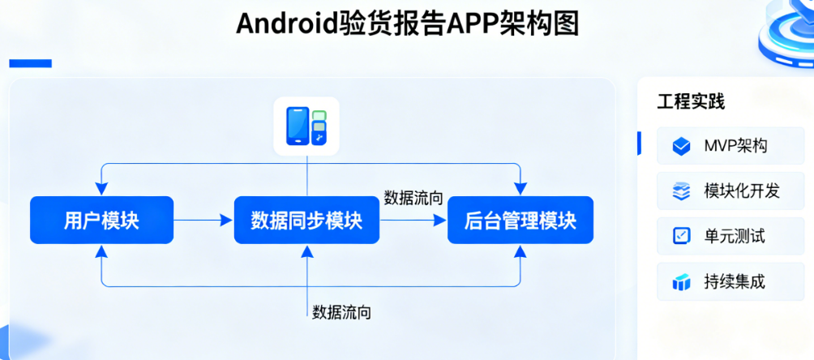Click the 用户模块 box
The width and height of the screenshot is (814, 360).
[101, 220]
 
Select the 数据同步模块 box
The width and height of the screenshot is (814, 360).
[306, 220]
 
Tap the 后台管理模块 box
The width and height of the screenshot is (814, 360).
[520, 220]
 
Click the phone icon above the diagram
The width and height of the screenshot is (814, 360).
[306, 126]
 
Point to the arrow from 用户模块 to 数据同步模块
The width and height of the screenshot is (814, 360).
[203, 220]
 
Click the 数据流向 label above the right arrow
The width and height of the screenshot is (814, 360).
[413, 198]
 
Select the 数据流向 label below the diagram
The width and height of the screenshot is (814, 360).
[341, 311]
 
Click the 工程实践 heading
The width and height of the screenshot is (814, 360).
[690, 101]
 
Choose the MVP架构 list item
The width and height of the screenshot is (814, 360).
[730, 146]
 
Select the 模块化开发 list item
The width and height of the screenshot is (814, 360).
[730, 191]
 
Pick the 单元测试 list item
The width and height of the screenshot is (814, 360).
[730, 236]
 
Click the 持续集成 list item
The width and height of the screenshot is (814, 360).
[730, 281]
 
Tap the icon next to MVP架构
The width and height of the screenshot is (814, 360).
[681, 146]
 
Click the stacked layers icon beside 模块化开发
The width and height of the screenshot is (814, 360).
[681, 191]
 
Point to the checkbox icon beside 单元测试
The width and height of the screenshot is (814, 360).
[681, 236]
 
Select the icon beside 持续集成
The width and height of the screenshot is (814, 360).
[681, 282]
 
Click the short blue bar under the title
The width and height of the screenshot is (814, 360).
[30, 63]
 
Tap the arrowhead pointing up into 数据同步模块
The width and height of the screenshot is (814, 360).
[306, 250]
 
